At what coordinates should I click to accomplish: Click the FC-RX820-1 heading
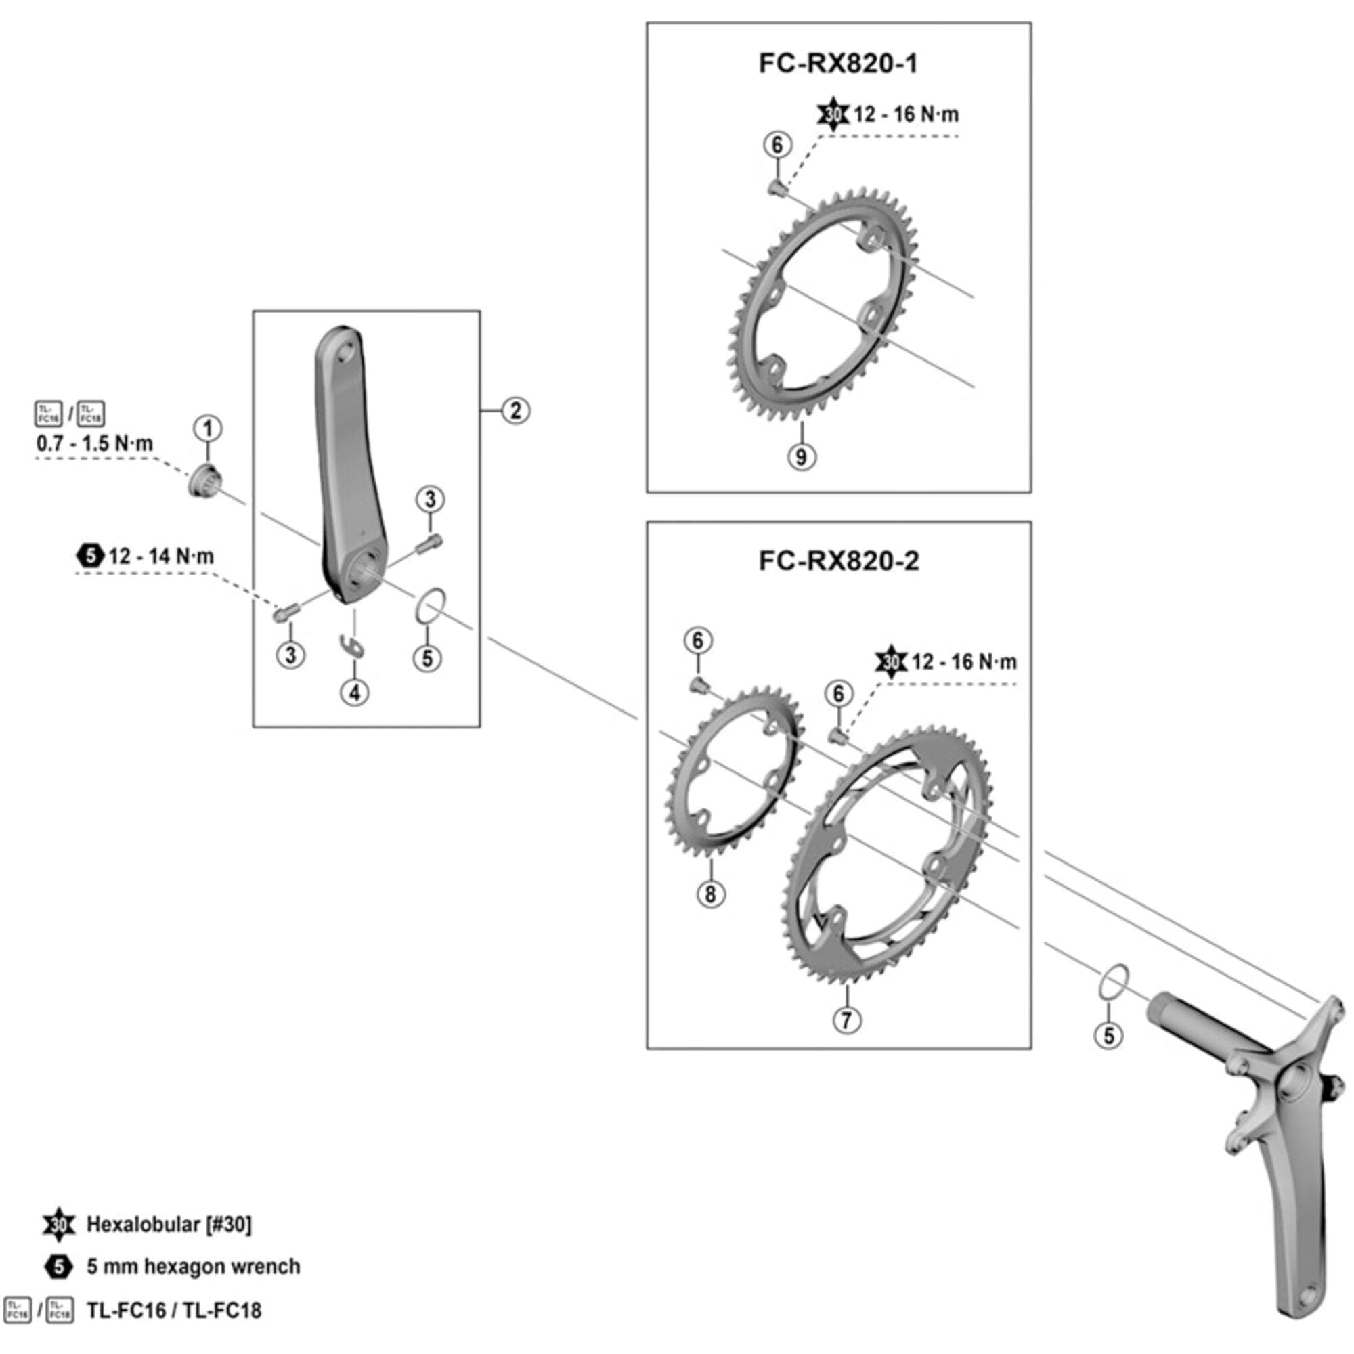click(x=837, y=64)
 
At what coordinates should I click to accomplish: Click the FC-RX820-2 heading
click(x=838, y=561)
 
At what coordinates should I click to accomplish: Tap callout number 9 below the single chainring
click(x=801, y=457)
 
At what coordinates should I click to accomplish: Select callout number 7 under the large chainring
click(x=847, y=1020)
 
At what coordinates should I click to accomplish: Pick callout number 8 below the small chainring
click(x=711, y=894)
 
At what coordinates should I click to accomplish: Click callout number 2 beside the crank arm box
click(x=516, y=411)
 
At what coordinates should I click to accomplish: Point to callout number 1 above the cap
click(x=207, y=429)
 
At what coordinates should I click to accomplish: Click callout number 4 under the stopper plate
click(x=355, y=693)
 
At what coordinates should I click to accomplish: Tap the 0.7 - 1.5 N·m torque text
click(x=95, y=443)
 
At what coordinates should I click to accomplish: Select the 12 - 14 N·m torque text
click(x=161, y=556)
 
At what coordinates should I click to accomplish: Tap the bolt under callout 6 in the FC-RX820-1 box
click(x=777, y=186)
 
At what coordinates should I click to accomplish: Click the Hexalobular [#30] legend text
click(x=169, y=1224)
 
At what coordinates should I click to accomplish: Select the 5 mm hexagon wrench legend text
click(x=194, y=1267)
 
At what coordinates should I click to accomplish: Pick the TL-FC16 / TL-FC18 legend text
click(x=174, y=1310)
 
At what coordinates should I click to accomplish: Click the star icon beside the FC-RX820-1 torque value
click(x=833, y=114)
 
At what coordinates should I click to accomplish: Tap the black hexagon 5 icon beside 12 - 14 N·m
click(x=90, y=556)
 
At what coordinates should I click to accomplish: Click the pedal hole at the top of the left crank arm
click(x=345, y=353)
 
